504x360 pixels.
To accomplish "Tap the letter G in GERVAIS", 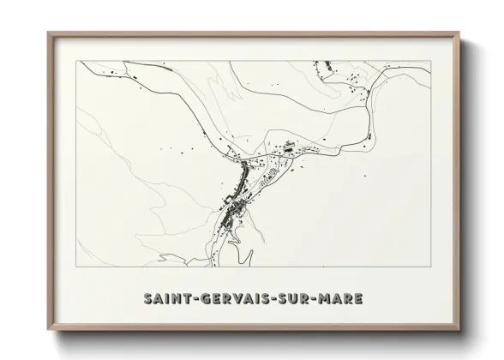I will pos(202,299).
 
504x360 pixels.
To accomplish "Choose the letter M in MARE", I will pos(327,299).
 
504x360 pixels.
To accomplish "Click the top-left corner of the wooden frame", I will pos(48,33).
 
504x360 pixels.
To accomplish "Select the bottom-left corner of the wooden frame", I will pos(48,330).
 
